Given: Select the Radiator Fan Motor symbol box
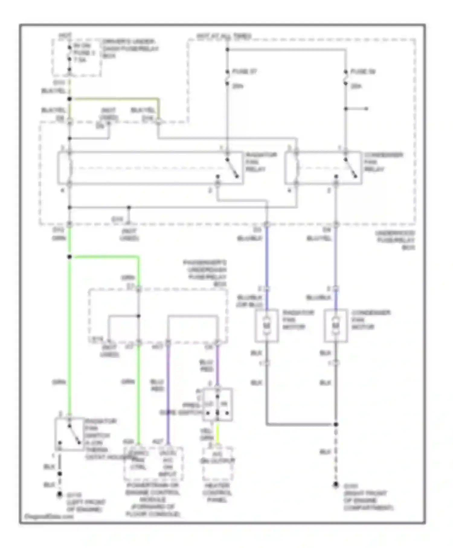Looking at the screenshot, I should tap(266, 325).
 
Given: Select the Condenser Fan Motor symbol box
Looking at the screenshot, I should tap(336, 325).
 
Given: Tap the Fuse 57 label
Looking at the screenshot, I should tap(244, 72).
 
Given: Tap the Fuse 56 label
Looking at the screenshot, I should tap(362, 72).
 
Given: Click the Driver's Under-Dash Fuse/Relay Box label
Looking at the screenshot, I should tap(130, 48).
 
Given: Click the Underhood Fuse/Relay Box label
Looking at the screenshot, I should tap(395, 240).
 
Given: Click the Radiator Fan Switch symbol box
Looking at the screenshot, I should tap(69, 434).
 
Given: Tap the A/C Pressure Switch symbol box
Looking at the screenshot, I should tap(217, 405).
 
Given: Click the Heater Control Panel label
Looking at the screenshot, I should tap(217, 493).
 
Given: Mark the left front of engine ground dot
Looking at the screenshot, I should tap(60, 495).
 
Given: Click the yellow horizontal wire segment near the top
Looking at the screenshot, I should tap(115, 98).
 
